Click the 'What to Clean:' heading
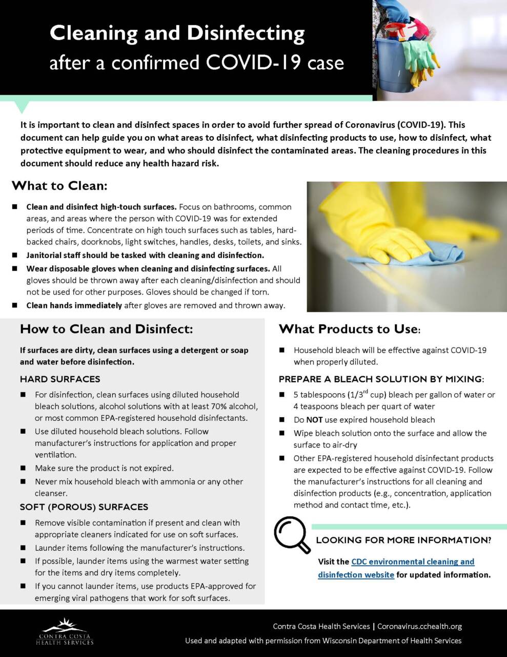(59, 185)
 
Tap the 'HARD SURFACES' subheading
(60, 379)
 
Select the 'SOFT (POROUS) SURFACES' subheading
(84, 507)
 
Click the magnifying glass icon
(291, 534)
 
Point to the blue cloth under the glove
(405, 254)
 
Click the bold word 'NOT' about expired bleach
(314, 420)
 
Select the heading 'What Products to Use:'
(350, 329)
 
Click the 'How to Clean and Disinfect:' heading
(106, 329)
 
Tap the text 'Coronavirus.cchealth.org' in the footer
(419, 626)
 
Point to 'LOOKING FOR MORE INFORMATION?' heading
(403, 540)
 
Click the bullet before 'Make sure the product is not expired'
(23, 468)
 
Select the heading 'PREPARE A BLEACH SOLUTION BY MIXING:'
(381, 379)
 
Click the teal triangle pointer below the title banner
(21, 106)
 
